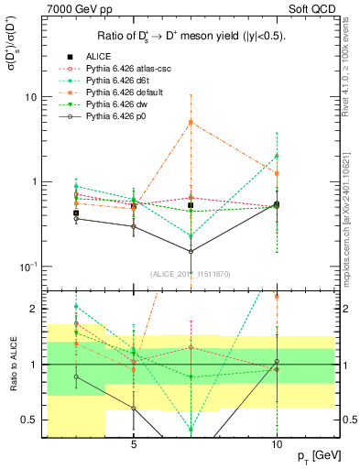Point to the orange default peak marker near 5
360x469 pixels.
click(191, 122)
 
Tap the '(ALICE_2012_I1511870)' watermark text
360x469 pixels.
click(191, 274)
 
